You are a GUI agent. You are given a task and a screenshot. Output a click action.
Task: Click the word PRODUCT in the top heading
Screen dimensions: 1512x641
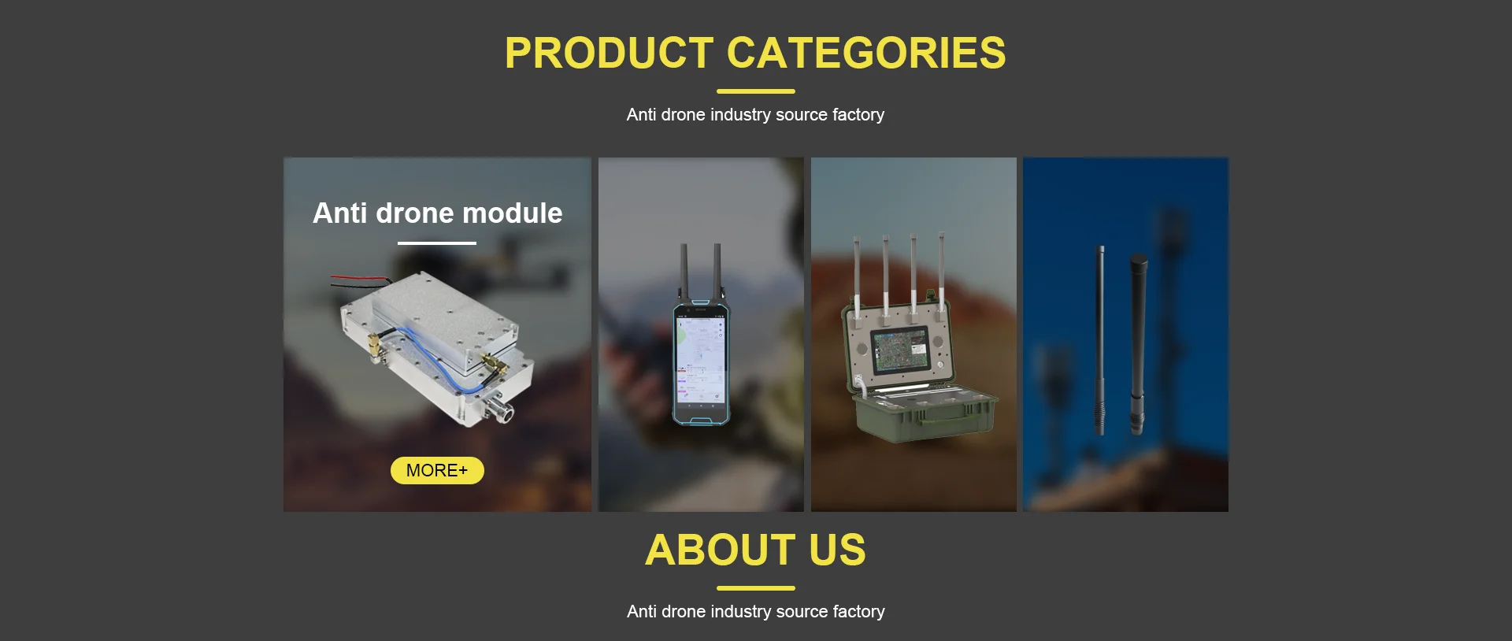pos(609,53)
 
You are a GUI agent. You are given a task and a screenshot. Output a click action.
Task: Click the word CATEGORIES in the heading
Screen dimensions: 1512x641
pos(866,53)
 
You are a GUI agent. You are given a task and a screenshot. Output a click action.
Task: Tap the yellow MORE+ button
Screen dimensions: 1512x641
pos(437,470)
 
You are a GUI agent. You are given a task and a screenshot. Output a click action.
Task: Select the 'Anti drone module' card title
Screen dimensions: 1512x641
pos(437,213)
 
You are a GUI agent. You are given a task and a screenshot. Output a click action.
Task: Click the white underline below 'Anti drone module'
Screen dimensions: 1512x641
pos(437,243)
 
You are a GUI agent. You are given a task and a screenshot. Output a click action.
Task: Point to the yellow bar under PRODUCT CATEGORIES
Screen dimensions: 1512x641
pos(756,91)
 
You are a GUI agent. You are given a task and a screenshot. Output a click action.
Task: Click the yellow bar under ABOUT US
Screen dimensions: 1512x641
pos(756,588)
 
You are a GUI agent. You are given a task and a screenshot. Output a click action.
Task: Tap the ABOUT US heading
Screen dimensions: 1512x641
pos(756,550)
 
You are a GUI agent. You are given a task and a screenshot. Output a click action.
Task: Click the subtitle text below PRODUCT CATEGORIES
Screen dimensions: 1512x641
pos(756,115)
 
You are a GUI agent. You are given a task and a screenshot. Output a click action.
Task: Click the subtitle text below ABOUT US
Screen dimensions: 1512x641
pos(756,612)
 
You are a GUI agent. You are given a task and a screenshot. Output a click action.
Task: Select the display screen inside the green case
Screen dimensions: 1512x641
pos(899,348)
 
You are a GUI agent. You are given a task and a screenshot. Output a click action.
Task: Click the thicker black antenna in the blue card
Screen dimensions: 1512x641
pos(1138,343)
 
